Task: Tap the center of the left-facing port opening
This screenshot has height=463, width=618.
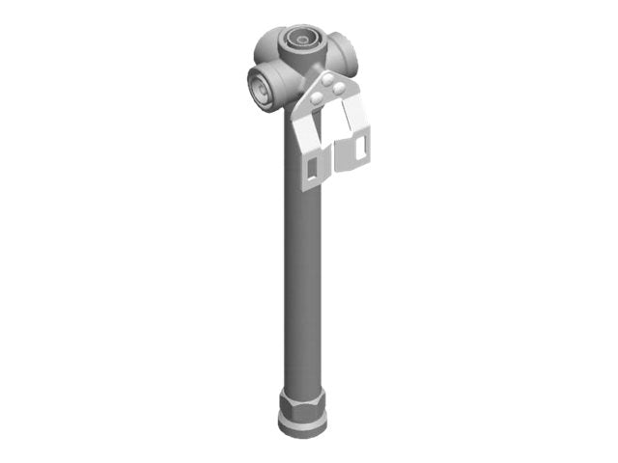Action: (x=259, y=86)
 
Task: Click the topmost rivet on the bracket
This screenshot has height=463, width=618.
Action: (x=329, y=79)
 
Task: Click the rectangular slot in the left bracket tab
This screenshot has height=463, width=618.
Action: (x=313, y=170)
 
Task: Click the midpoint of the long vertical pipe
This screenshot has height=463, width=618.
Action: (x=302, y=260)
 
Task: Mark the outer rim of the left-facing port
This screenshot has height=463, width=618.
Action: (x=250, y=86)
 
